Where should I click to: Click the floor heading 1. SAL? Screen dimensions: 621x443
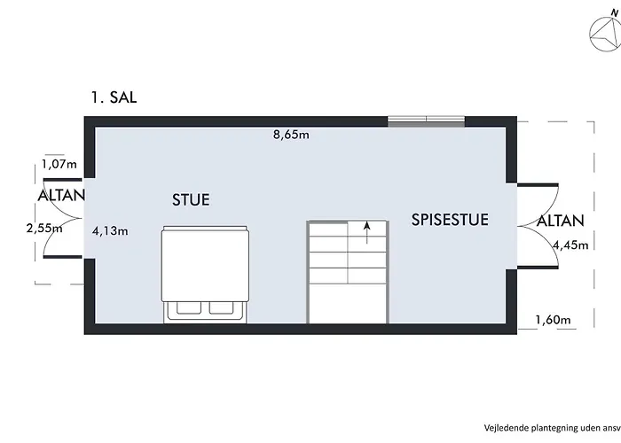(114, 97)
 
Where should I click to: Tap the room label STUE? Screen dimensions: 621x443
(191, 199)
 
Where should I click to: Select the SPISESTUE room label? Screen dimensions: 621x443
(450, 220)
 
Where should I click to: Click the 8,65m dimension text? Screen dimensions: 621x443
(291, 135)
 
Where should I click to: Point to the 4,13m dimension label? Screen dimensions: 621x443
(110, 230)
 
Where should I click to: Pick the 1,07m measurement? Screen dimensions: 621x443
(59, 164)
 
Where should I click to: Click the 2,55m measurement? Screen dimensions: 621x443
(44, 229)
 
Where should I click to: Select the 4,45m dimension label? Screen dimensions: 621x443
(570, 245)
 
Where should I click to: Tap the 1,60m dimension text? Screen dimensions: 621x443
(553, 319)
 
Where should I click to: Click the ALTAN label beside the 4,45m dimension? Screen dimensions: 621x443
(561, 221)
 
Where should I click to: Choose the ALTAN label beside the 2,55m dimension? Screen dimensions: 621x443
(61, 196)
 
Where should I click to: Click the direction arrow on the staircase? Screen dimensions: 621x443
(367, 232)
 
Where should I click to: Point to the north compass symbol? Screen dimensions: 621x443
(605, 35)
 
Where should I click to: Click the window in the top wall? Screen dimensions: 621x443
(426, 121)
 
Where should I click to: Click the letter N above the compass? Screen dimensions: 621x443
(614, 13)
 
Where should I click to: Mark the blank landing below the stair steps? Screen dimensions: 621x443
(348, 303)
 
